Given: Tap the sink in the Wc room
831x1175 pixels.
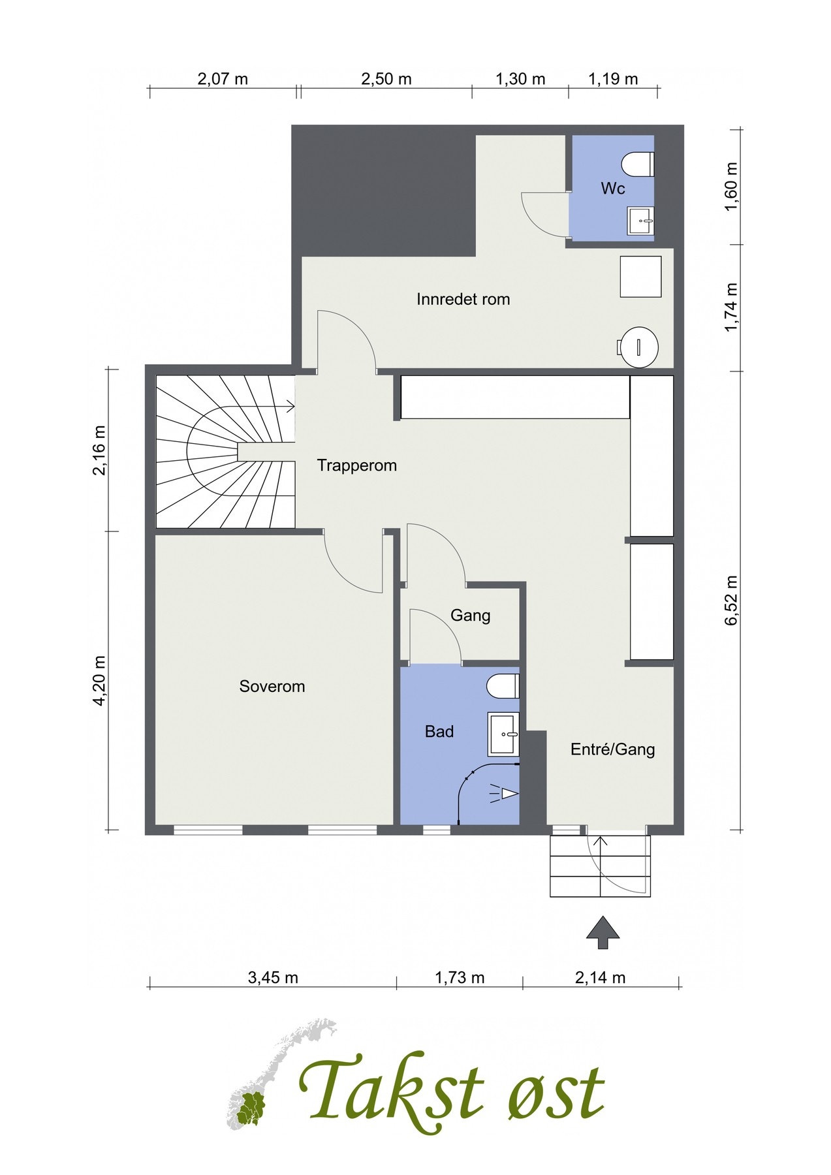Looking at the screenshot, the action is point(641,221).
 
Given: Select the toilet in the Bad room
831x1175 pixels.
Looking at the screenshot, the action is point(503,686).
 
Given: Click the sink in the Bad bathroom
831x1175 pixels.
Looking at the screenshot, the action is point(503,734).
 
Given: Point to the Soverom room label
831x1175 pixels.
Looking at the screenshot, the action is point(272,686).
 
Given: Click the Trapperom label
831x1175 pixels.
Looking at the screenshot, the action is point(357,465).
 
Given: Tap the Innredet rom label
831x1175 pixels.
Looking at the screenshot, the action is point(463,300).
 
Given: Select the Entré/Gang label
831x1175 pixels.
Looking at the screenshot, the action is point(613,749).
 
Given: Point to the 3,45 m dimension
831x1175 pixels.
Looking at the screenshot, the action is point(273,977).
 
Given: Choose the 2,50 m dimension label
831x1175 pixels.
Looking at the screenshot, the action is point(386,79).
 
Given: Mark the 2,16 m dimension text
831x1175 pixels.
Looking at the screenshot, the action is point(99,450).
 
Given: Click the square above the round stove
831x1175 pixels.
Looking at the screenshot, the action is point(640,277).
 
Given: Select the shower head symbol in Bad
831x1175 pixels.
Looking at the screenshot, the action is point(505,793).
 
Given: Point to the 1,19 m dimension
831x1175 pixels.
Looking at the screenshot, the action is point(613,79).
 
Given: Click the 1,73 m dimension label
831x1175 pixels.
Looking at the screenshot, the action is point(460,977).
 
